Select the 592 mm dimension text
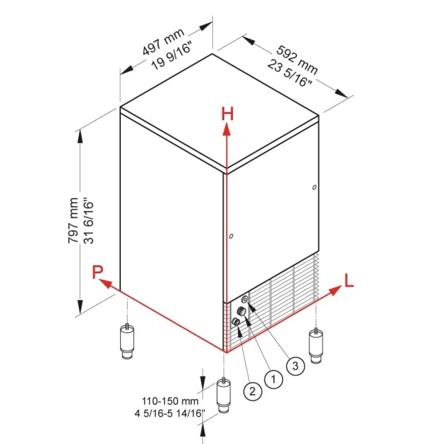click(x=297, y=60)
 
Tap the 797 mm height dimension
click(x=73, y=220)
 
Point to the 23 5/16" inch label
click(x=289, y=73)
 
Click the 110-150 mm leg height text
click(x=170, y=401)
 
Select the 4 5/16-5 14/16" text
click(x=169, y=413)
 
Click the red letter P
click(x=98, y=272)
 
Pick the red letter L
click(x=349, y=281)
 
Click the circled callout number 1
click(x=274, y=379)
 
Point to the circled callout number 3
click(x=296, y=366)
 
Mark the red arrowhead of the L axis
click(x=335, y=290)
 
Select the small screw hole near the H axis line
click(x=231, y=236)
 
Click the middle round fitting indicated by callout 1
click(x=242, y=311)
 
